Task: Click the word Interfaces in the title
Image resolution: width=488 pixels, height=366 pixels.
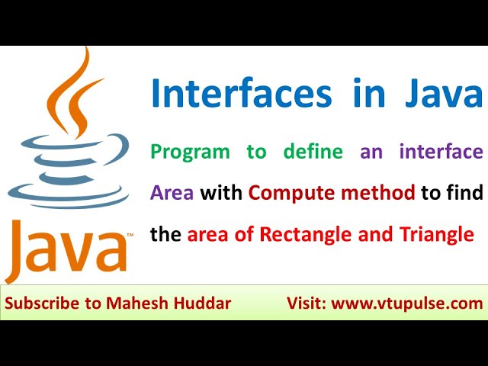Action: pos(240,94)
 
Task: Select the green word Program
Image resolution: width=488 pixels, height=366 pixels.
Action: pos(190,151)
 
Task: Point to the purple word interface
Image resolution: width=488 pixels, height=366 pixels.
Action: pos(441,151)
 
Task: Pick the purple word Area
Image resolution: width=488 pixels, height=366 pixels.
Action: pos(172,193)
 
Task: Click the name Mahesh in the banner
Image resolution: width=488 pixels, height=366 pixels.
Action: pos(133,303)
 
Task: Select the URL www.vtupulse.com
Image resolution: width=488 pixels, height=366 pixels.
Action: pos(408,303)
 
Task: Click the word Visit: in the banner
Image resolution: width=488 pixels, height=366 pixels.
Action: pos(307,303)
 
